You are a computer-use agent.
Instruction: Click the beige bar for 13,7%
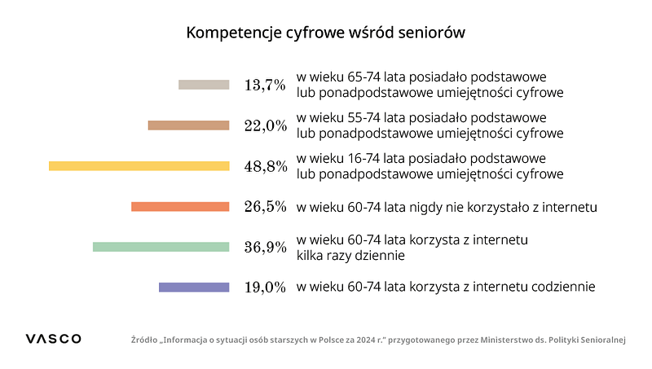pos(204,85)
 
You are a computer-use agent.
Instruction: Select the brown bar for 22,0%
pos(188,125)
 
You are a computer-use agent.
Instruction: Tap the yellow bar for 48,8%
pos(139,166)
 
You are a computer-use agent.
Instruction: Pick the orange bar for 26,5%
pos(180,207)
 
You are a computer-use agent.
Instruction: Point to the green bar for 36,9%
pos(161,247)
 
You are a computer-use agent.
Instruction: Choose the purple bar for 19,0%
pos(194,287)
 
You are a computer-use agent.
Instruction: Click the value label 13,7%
pos(265,85)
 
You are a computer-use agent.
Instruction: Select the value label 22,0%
pos(265,125)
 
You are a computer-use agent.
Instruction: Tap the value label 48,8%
pos(265,166)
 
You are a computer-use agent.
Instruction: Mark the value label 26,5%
pos(265,207)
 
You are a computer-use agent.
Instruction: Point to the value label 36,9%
pos(265,247)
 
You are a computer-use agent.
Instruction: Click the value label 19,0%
pos(265,287)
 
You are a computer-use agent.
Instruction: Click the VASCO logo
pos(53,339)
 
